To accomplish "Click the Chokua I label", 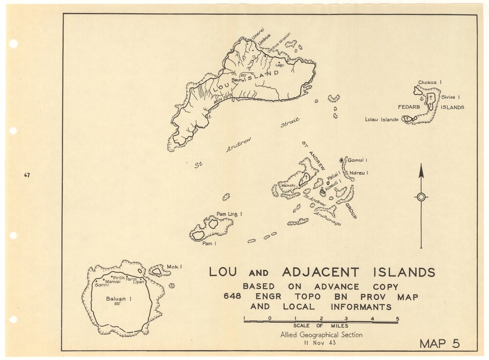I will pos(430,83).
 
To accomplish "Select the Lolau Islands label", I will pos(381,119).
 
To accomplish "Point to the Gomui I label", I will pos(357,160).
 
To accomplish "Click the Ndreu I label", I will pos(358,173).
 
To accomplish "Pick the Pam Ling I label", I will pos(229,214).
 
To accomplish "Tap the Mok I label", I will pos(175,267).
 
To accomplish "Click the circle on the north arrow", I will pos(421,197).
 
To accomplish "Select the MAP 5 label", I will pos(440,343).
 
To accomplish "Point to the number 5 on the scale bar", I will pos(397,318).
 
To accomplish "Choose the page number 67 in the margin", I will pos(27,175).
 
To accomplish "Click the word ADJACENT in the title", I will pos(320,272).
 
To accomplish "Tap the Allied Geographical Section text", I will pos(321,335).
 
